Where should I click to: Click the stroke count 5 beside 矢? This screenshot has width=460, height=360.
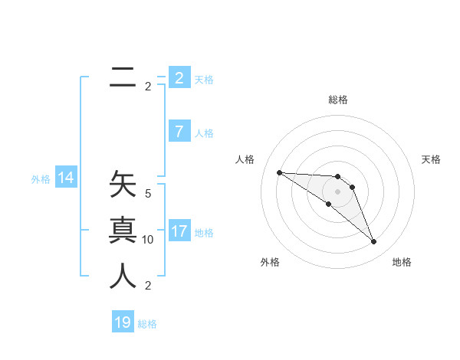click(x=148, y=194)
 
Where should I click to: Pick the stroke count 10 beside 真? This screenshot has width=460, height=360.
click(x=148, y=240)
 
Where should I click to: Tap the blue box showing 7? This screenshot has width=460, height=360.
click(x=179, y=132)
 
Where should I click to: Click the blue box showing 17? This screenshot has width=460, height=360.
click(x=179, y=231)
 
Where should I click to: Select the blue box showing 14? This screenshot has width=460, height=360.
click(x=66, y=178)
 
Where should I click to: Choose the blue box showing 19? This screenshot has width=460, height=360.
click(x=123, y=322)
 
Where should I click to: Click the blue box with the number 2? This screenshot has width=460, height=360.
click(x=179, y=78)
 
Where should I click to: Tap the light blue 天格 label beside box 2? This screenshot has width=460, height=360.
click(x=204, y=80)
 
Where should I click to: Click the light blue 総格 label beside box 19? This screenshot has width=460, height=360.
click(x=147, y=324)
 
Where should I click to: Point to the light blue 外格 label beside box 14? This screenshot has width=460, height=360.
click(x=41, y=179)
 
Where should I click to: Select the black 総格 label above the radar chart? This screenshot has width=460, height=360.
click(x=337, y=100)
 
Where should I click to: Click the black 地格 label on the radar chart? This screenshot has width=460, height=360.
click(x=402, y=262)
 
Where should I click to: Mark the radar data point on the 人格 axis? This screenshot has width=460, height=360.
click(x=279, y=172)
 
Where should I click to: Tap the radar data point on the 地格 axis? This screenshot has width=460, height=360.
click(x=373, y=242)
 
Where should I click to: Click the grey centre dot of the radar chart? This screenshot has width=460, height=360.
click(x=337, y=191)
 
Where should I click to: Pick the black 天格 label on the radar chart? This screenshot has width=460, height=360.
click(x=431, y=159)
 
